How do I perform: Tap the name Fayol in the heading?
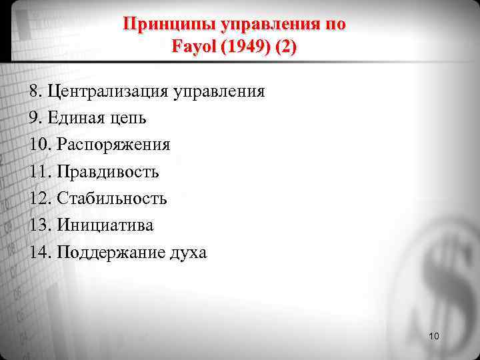[x=192, y=48]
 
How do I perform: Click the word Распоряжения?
[x=113, y=145]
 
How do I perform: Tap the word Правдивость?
[x=108, y=172]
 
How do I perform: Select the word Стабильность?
[x=112, y=199]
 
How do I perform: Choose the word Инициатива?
[x=105, y=225]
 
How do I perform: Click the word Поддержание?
[x=107, y=253]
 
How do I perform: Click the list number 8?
[x=35, y=91]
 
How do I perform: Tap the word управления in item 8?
[x=219, y=91]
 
